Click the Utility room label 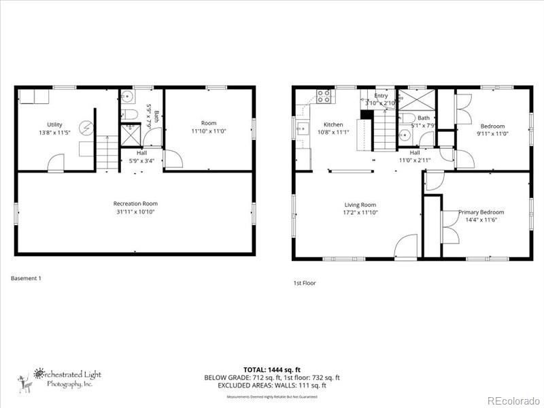(54, 124)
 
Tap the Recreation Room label (135, 203)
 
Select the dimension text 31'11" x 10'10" (135, 211)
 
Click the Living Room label (360, 205)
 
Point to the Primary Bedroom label (481, 212)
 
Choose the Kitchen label (333, 124)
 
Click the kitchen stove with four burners (324, 97)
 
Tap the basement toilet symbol (129, 114)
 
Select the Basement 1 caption (27, 277)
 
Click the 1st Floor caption (304, 283)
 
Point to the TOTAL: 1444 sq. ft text (272, 370)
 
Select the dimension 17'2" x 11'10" (360, 213)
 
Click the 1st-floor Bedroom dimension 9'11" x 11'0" (492, 134)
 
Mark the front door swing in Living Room (406, 246)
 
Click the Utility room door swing (56, 164)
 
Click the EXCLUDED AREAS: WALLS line (272, 385)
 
